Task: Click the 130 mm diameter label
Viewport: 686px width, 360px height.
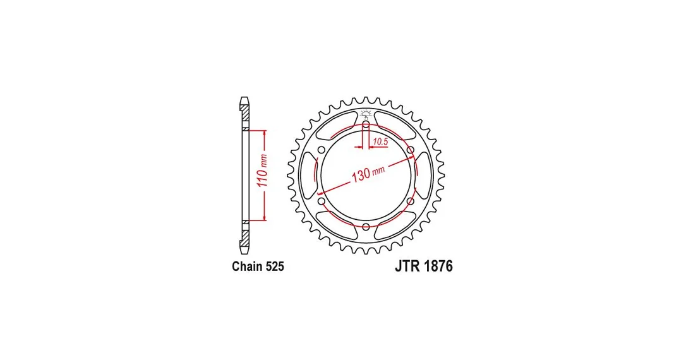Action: (368, 174)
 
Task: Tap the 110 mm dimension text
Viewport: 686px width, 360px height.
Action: (263, 171)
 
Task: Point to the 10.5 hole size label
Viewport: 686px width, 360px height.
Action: (381, 141)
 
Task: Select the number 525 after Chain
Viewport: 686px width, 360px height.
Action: (274, 267)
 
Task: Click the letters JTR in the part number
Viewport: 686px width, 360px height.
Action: (405, 267)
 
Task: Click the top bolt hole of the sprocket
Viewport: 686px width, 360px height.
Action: (366, 125)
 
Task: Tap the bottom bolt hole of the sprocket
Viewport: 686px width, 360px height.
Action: (366, 227)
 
